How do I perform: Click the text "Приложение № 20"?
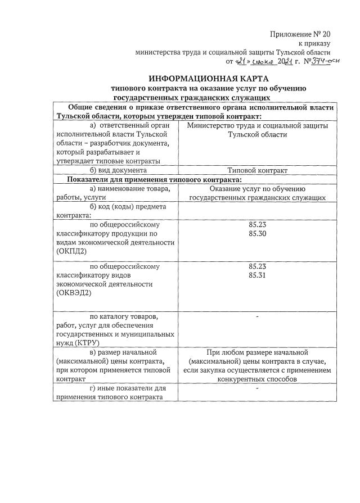coord(300,34)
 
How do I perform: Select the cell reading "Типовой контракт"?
coord(257,170)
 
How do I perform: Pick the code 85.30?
coord(257,233)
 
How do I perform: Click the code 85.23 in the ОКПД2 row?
coord(257,225)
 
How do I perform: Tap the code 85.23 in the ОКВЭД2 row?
coord(257,266)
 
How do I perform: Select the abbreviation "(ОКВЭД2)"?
coord(74,292)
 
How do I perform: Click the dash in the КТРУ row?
coord(257,318)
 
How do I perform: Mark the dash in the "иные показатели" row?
coord(257,388)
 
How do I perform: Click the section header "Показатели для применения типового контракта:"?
coord(154,179)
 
